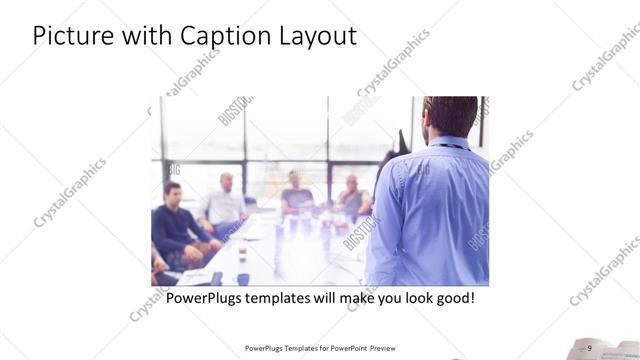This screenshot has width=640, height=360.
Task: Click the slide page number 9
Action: [590, 347]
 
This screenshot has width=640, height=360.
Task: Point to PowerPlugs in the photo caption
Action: [205, 298]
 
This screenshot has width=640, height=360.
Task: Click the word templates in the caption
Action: [284, 298]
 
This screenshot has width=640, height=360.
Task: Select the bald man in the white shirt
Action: [226, 205]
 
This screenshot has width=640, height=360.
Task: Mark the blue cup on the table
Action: [243, 279]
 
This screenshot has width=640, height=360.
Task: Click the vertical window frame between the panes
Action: [246, 140]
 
